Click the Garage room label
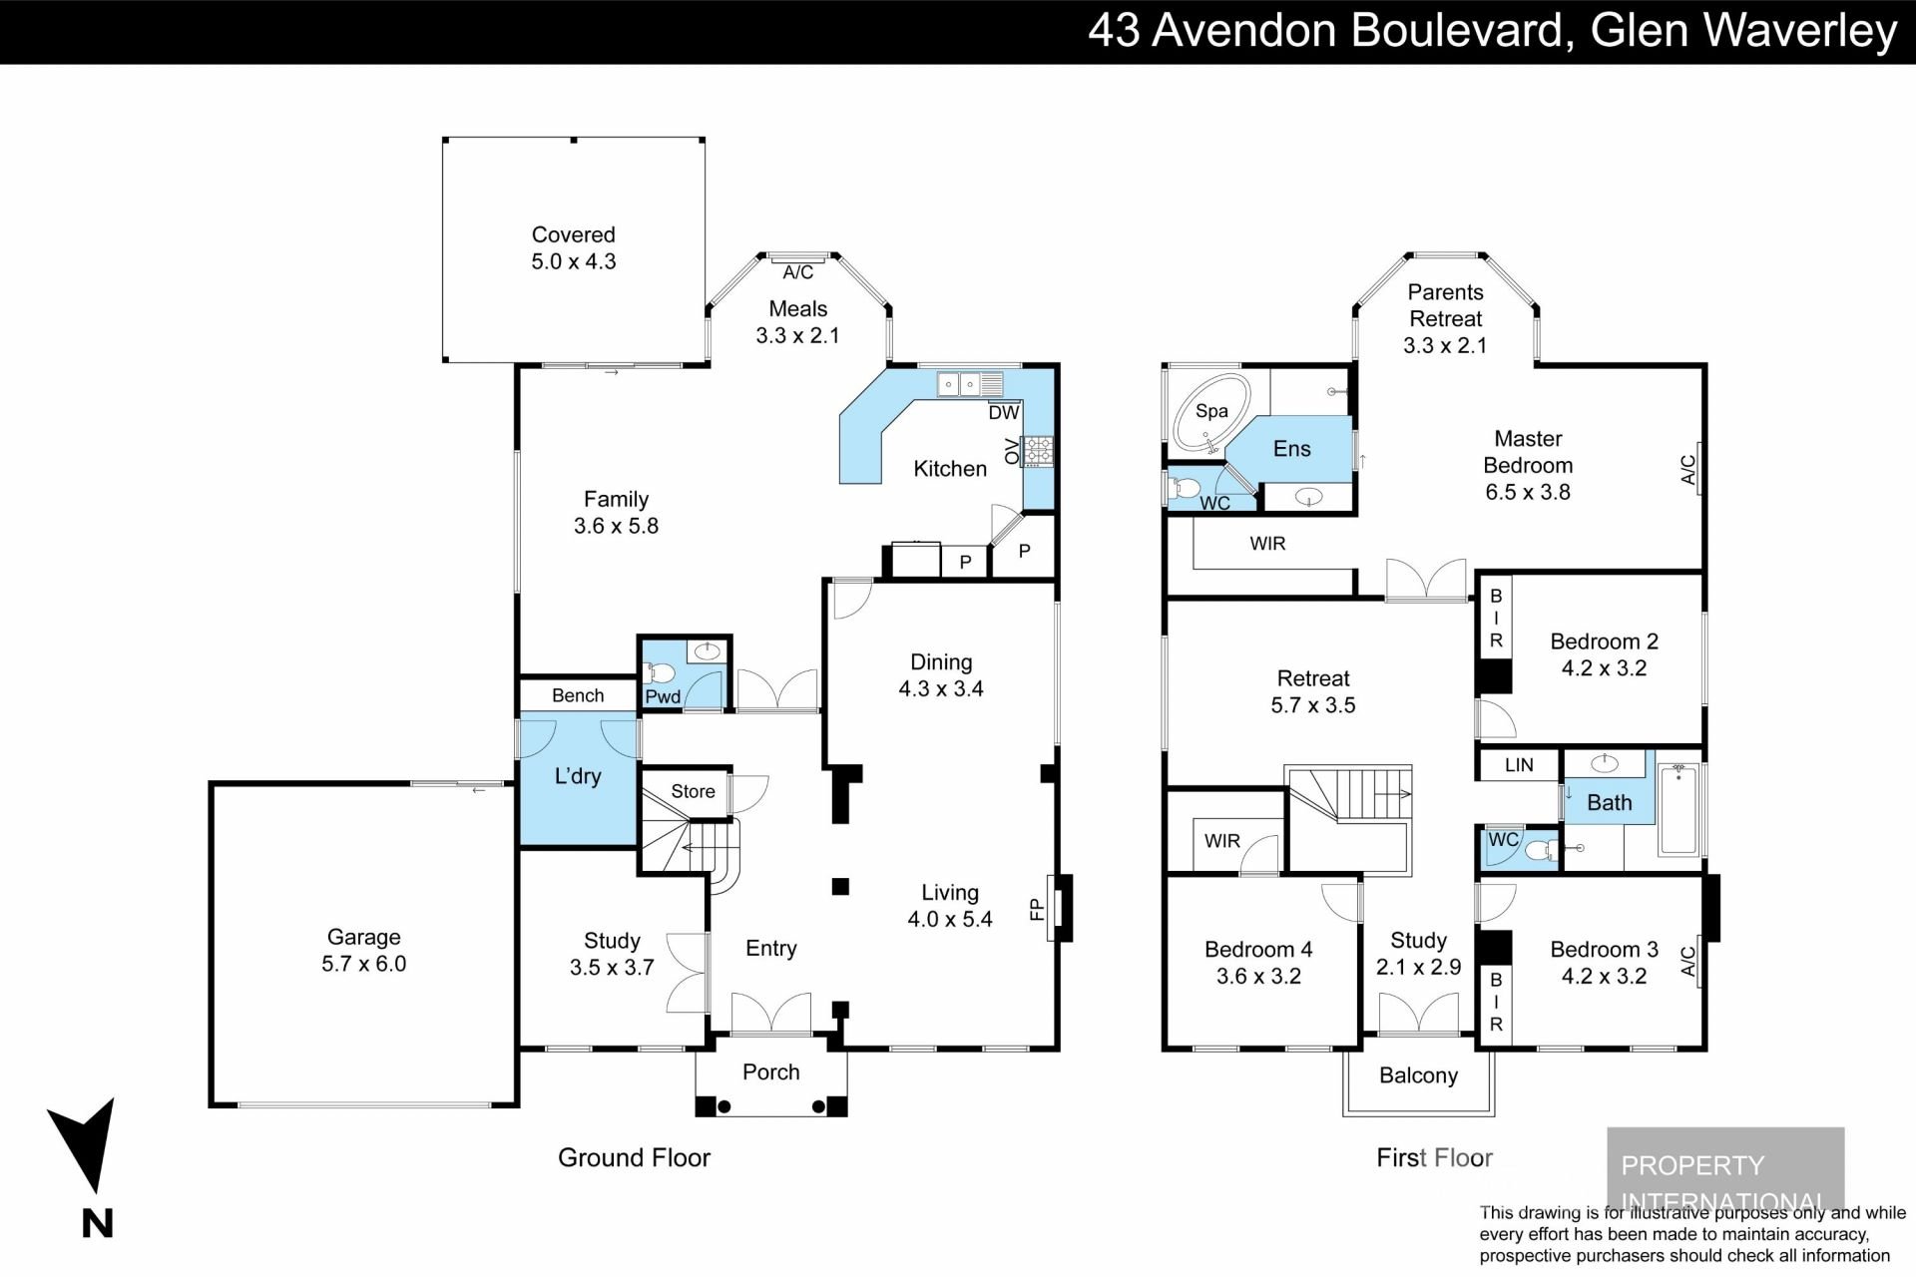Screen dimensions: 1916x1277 point(363,937)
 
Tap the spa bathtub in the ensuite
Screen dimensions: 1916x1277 point(1209,412)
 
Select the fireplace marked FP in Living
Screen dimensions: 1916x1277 point(1059,908)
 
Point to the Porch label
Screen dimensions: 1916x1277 point(770,1071)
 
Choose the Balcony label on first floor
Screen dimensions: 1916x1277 point(1418,1075)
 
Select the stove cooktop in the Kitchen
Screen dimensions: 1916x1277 point(1038,451)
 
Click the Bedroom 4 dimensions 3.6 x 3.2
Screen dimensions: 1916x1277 point(1258,976)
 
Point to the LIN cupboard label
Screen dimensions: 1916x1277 point(1518,765)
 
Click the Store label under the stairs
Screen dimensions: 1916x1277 point(693,791)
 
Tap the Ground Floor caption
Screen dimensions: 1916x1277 point(634,1157)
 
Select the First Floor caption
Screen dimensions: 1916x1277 point(1434,1157)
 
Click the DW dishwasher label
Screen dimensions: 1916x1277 point(1003,412)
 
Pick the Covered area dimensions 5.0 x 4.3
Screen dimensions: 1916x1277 point(573,261)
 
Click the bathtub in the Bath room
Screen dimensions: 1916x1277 point(1678,808)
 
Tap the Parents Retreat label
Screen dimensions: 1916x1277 point(1445,305)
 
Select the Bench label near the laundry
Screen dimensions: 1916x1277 point(578,695)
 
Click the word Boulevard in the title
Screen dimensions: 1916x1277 point(1457,31)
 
